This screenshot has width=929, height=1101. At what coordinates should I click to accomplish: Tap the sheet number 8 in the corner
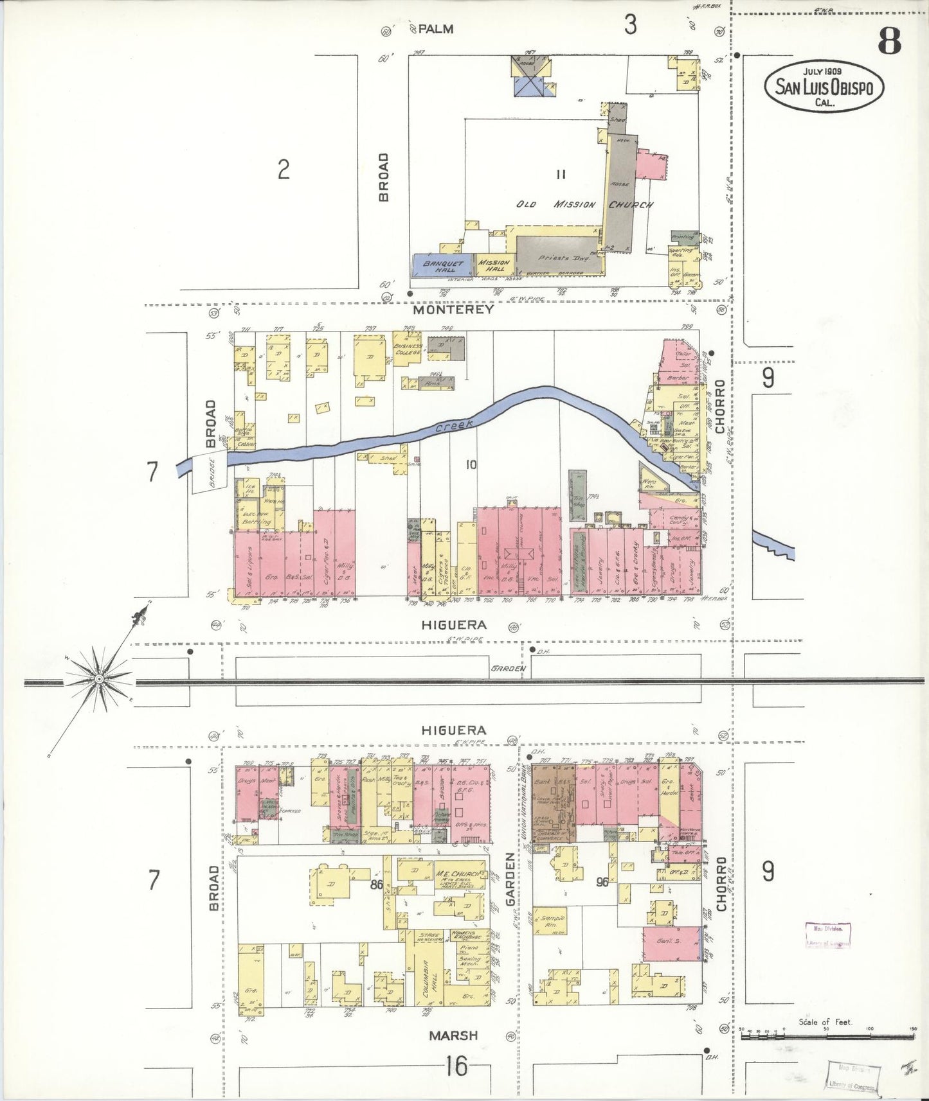[889, 42]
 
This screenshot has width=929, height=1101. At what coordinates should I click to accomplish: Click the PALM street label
[436, 29]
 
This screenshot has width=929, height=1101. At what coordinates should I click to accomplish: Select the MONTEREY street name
[453, 310]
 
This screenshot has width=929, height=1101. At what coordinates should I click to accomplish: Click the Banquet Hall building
[442, 266]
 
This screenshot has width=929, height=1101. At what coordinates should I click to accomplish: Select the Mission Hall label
[494, 265]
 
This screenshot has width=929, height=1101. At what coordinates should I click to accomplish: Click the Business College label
[408, 349]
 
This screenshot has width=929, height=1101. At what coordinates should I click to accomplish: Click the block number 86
[377, 885]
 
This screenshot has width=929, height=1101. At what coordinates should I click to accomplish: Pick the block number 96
[602, 882]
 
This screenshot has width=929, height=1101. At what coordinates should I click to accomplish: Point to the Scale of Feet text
[825, 1022]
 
